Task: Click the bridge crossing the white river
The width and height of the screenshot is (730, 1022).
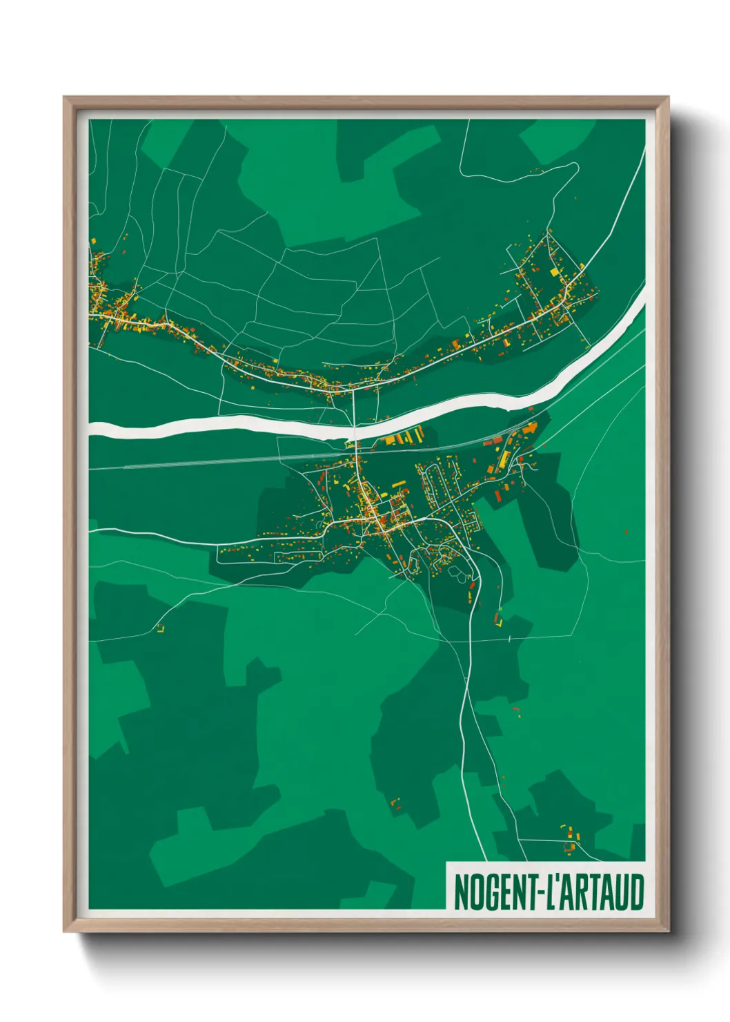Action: (354, 432)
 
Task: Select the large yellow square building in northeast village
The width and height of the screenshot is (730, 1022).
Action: (554, 273)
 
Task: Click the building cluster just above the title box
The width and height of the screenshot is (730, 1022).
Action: (569, 838)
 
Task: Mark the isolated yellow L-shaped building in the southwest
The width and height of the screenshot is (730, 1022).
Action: (161, 628)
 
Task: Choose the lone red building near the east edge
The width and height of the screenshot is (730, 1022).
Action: (626, 532)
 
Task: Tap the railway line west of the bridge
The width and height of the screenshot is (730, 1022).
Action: (207, 461)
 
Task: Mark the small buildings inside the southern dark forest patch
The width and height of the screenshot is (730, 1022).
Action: (395, 802)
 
